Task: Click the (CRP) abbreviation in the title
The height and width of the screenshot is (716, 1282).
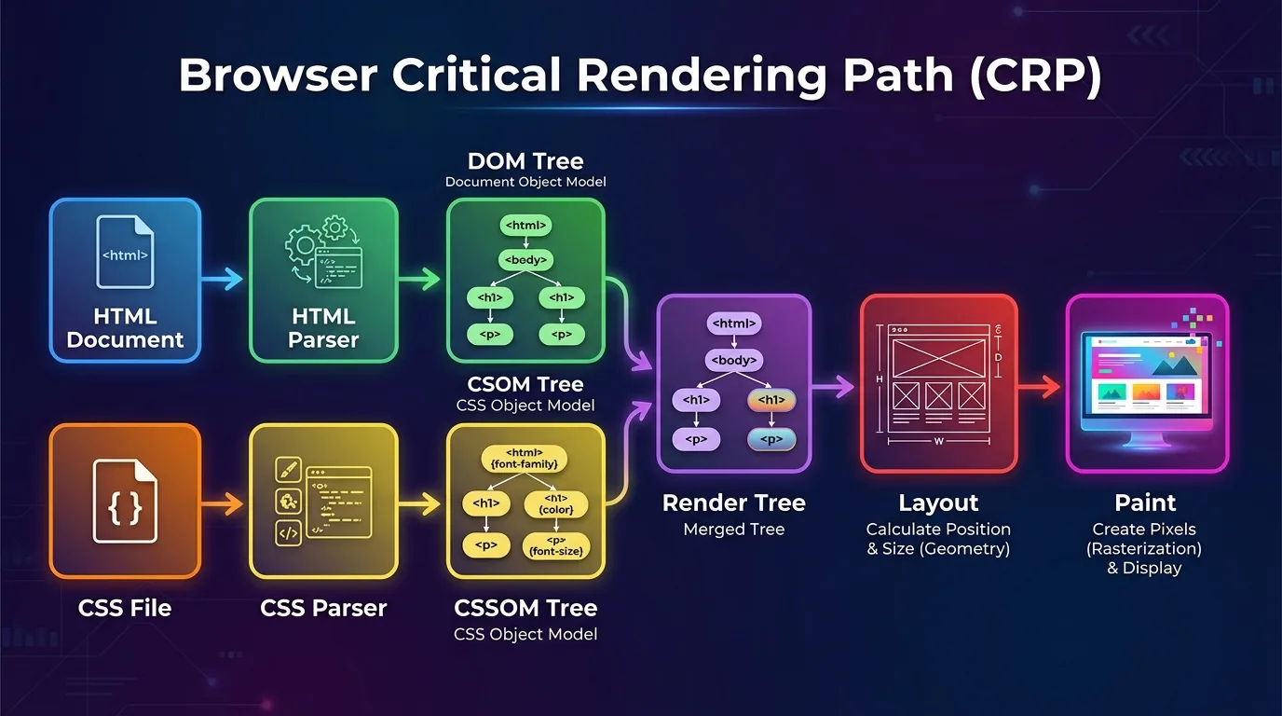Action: click(1034, 76)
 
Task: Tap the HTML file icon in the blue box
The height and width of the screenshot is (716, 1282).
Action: click(125, 252)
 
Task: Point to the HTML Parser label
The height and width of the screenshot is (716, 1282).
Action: click(323, 328)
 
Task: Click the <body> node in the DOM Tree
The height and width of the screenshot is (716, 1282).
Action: click(525, 260)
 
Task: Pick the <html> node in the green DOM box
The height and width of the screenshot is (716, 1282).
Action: click(525, 226)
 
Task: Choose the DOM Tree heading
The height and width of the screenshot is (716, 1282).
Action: click(525, 160)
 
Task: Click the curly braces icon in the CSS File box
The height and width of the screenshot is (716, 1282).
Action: click(125, 506)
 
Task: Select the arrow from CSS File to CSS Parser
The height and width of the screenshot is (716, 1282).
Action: click(224, 504)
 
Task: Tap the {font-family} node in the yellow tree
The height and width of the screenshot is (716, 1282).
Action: click(525, 458)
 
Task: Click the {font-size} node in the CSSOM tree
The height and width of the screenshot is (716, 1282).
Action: click(555, 544)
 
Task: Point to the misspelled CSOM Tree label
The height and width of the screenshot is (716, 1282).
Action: click(525, 384)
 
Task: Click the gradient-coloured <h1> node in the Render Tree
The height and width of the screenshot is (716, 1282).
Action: click(771, 401)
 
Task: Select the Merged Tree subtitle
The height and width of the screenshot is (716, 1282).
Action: click(733, 530)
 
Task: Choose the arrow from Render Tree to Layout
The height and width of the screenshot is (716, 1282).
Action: click(834, 386)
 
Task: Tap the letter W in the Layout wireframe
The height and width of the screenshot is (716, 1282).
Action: click(938, 441)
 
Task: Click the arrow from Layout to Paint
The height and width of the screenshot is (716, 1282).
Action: click(1040, 386)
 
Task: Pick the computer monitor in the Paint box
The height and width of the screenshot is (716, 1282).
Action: click(1146, 382)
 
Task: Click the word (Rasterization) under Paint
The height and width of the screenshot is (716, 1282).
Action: click(1144, 548)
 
